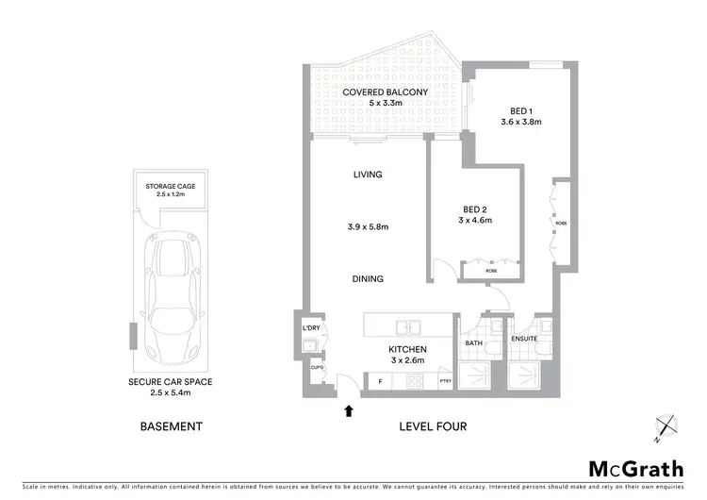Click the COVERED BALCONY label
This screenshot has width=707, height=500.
pos(385,92)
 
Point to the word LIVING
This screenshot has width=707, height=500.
pos(368,174)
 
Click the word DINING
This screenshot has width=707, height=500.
pos(368,278)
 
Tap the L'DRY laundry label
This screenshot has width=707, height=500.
pos(312,328)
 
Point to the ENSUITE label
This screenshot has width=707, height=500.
pos(524,338)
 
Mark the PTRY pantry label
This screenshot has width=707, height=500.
pos(445,380)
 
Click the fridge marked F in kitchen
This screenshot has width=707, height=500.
pos(379,380)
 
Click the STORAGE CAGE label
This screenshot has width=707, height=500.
pos(171,187)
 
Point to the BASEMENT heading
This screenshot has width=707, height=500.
pos(171,426)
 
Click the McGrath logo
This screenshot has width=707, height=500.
pos(636,469)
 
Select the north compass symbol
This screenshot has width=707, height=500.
pos(667,426)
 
